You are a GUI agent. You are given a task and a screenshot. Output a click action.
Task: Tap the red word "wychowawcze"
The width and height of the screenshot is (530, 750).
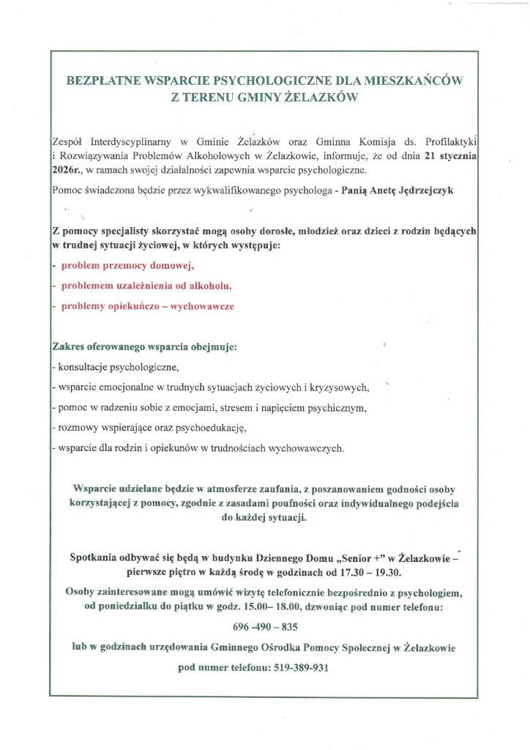(201, 306)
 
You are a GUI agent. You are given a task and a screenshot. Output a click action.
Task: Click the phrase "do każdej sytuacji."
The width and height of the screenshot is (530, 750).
(264, 516)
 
